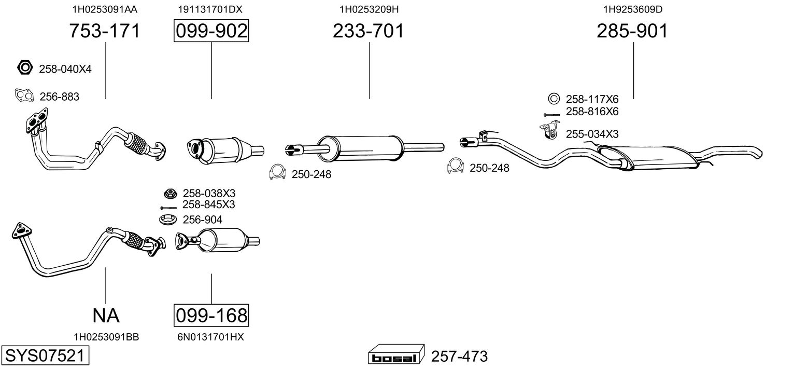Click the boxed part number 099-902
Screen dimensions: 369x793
coord(211,32)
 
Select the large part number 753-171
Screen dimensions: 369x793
coord(105,32)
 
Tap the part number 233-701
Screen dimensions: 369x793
coord(369,32)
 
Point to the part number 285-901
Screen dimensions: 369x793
coord(632,32)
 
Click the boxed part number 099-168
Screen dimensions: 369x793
coord(211,315)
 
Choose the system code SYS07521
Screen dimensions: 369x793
coord(44,357)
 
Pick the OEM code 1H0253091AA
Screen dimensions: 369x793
coord(105,9)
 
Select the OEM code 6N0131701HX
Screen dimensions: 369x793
coord(210,337)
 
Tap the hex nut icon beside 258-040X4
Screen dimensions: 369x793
coord(25,68)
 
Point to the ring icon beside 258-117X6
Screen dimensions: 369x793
coord(553,99)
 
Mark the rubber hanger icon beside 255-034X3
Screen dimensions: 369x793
coord(549,131)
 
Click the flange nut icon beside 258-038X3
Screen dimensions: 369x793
coord(169,194)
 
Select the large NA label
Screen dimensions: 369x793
coord(106,315)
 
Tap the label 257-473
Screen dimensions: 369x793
coord(459,357)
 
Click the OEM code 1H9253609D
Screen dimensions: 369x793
coord(633,9)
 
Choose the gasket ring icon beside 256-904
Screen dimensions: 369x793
coord(168,220)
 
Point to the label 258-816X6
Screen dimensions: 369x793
coord(592,112)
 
